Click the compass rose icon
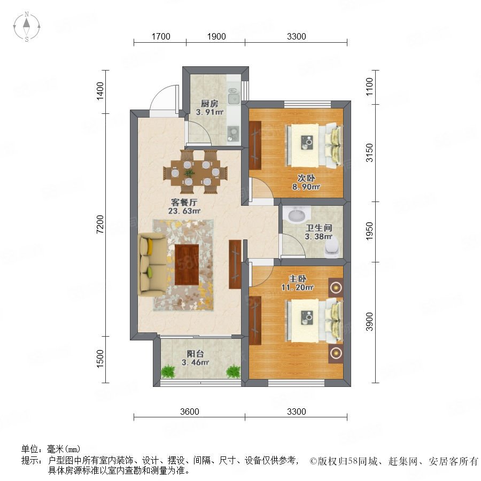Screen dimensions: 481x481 coord(27,27)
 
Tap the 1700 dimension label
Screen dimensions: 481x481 coord(161,36)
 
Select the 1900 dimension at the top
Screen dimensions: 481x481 coord(216,36)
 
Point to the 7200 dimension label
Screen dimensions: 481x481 coord(100,224)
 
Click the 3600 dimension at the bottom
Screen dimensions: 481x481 coord(190,412)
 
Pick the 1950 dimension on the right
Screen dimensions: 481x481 coord(369,231)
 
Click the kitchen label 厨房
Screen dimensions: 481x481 coord(210,103)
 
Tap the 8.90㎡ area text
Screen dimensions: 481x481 coord(306,187)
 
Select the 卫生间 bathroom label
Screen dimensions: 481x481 coord(319,228)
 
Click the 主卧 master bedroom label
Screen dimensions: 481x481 coord(297,278)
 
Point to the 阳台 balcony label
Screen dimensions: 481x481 coord(195,354)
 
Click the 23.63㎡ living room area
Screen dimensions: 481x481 coord(184,211)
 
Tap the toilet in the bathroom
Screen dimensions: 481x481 coord(333,247)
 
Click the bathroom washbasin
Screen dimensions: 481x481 coord(297,214)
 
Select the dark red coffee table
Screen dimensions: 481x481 coord(187,265)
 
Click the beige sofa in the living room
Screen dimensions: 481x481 coord(152,264)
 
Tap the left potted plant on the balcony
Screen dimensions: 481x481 coord(168,371)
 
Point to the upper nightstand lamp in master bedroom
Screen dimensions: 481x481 coord(336,288)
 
